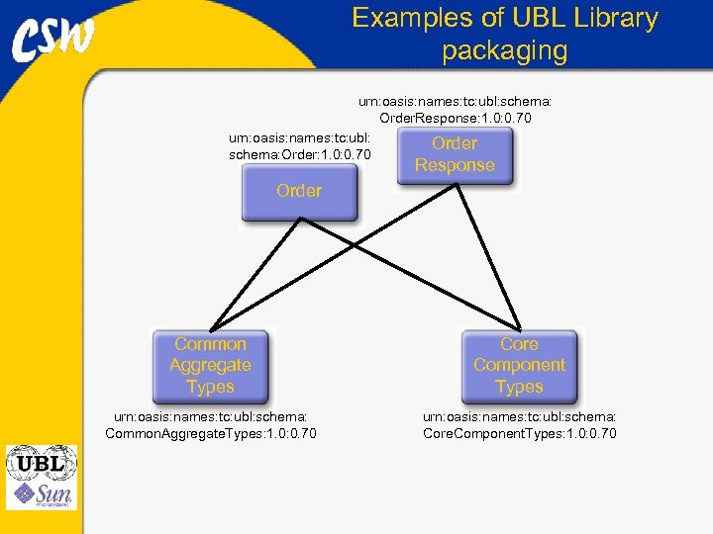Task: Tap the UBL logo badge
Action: click(x=41, y=463)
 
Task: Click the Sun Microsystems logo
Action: click(x=41, y=493)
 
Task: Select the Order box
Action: click(x=299, y=193)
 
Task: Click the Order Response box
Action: click(x=455, y=155)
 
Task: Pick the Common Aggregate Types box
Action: click(x=210, y=366)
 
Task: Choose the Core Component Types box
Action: click(x=519, y=366)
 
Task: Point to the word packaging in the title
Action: click(x=505, y=49)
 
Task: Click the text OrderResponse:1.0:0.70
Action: click(x=456, y=119)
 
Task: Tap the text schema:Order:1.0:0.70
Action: click(x=299, y=154)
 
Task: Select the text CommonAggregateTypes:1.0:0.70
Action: click(x=210, y=433)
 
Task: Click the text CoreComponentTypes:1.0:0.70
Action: click(x=519, y=433)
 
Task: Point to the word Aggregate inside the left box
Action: click(x=210, y=366)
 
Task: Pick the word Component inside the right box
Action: click(x=519, y=366)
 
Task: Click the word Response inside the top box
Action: click(x=455, y=165)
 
